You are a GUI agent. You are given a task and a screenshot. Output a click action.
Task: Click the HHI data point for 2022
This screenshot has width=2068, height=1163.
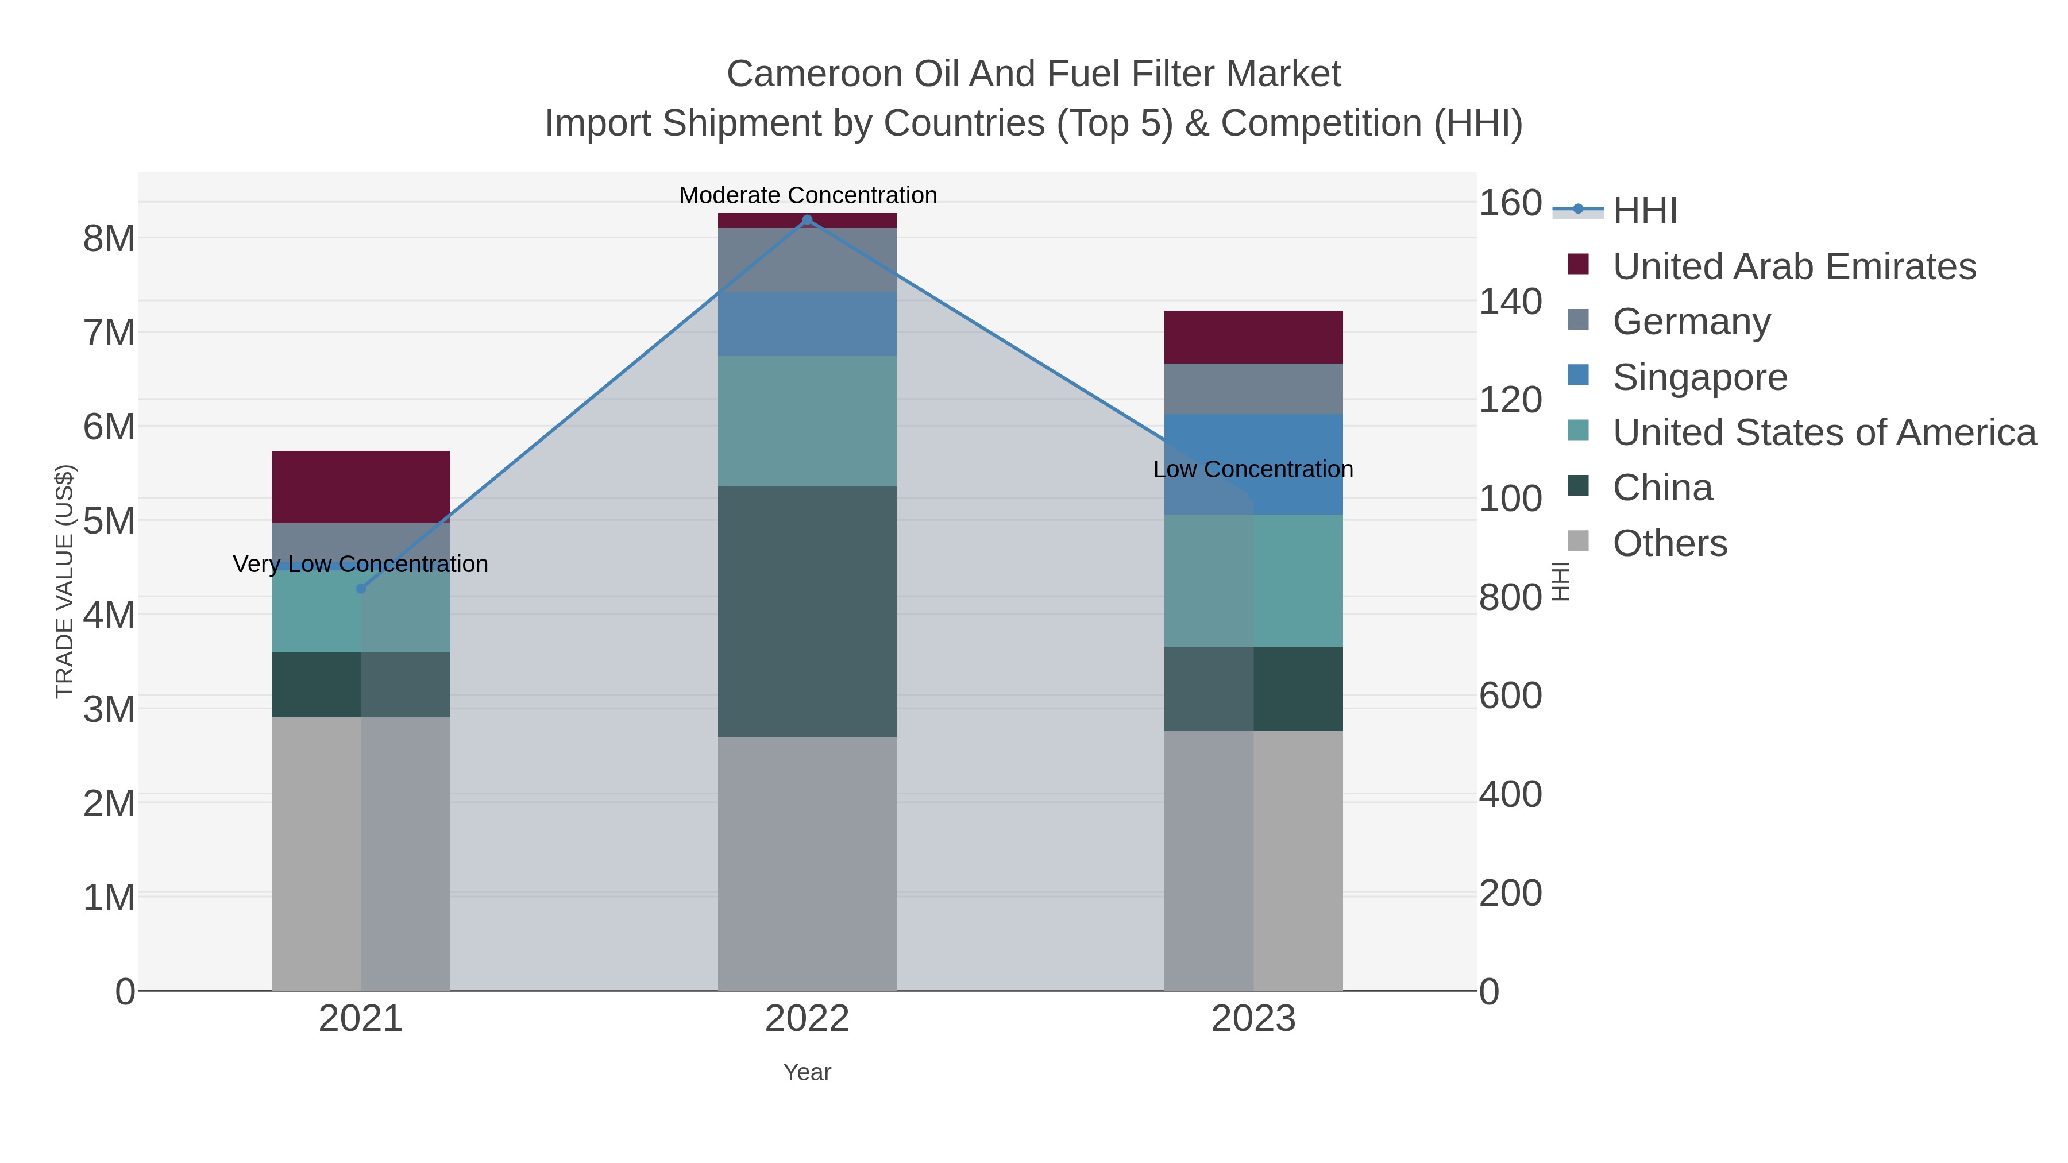807,220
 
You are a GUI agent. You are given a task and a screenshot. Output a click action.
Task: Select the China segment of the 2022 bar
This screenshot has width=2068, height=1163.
807,612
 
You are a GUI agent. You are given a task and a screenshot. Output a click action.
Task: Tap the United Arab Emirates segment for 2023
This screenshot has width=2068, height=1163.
1253,337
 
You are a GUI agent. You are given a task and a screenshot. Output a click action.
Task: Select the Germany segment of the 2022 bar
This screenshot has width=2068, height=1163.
807,260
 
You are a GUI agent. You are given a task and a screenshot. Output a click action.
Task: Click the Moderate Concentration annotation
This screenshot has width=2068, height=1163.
808,195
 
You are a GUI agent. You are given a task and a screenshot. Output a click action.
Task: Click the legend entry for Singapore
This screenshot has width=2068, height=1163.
1700,377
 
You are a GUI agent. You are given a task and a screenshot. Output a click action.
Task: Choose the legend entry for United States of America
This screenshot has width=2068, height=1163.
1824,432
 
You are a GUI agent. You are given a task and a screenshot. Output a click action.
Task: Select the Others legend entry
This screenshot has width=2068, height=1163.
1670,543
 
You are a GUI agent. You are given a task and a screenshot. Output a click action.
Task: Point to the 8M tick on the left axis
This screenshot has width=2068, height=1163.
109,238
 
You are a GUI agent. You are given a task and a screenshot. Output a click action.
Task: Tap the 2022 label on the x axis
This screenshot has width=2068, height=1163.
807,1019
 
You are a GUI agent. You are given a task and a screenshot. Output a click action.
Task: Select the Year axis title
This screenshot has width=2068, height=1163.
807,1072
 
